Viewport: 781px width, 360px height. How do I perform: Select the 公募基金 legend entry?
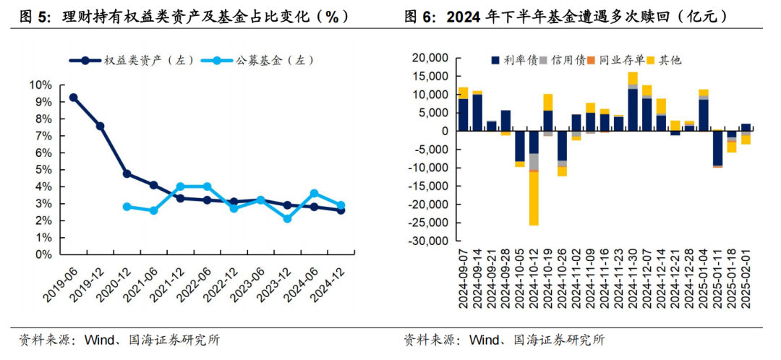(261, 61)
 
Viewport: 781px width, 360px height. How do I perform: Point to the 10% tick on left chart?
(40, 85)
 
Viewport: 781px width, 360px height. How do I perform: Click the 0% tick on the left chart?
(43, 254)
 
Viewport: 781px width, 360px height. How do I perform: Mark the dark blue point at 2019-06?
(73, 98)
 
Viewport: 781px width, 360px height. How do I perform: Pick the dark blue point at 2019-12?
(100, 127)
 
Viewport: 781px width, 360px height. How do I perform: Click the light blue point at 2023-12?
(287, 218)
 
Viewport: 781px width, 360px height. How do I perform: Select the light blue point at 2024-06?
(314, 193)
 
